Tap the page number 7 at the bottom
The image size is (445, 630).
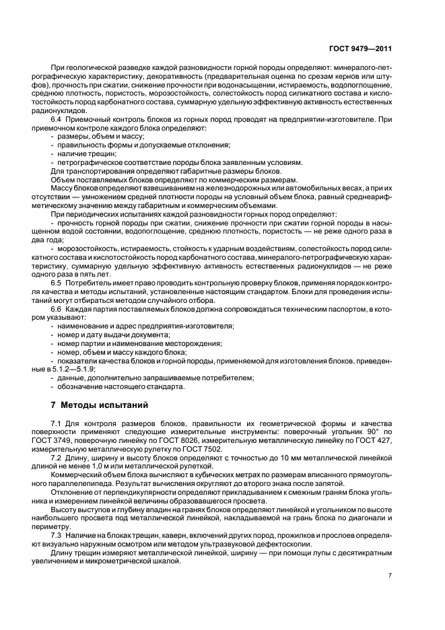click(x=390, y=575)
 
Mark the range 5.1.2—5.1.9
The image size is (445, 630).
click(x=73, y=370)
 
